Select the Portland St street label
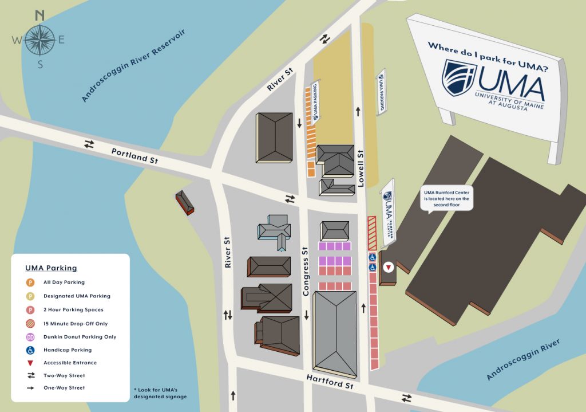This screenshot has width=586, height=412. click(x=134, y=156)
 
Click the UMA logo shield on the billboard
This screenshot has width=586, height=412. click(x=459, y=77)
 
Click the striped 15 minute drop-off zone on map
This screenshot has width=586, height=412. click(x=371, y=233)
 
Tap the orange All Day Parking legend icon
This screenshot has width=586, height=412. click(x=30, y=282)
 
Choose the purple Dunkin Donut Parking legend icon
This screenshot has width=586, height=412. click(x=30, y=336)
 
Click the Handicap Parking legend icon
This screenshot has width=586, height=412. click(x=30, y=350)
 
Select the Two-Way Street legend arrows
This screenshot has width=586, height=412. click(x=30, y=375)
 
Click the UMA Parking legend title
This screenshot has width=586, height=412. click(x=51, y=268)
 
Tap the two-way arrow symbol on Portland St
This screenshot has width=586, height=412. click(x=89, y=144)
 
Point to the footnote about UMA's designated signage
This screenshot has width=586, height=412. click(x=160, y=393)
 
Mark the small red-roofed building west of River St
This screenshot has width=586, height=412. click(x=185, y=202)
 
